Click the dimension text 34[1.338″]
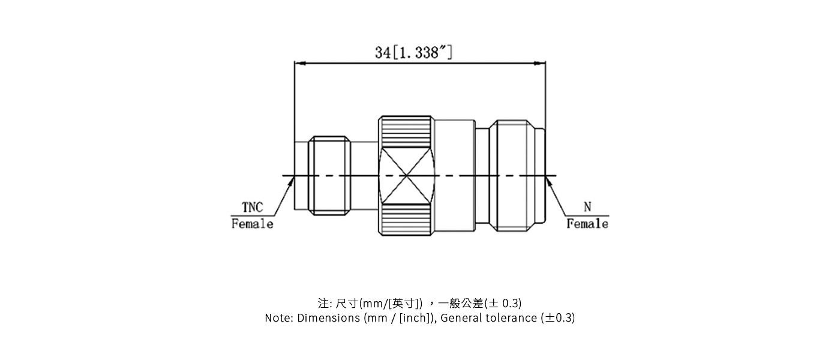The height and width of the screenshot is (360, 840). (414, 52)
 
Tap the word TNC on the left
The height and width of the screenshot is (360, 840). (253, 208)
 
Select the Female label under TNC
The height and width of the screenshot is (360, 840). (253, 224)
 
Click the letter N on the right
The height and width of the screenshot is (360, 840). (587, 207)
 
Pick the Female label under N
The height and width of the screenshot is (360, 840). (587, 224)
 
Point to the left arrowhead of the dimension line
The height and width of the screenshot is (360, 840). (299, 63)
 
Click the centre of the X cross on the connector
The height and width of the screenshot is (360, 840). (407, 176)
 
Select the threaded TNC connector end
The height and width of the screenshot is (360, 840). (329, 175)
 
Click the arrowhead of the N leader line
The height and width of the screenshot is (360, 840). (548, 179)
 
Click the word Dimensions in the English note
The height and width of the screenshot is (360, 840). (329, 318)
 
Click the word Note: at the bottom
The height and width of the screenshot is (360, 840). (280, 318)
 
